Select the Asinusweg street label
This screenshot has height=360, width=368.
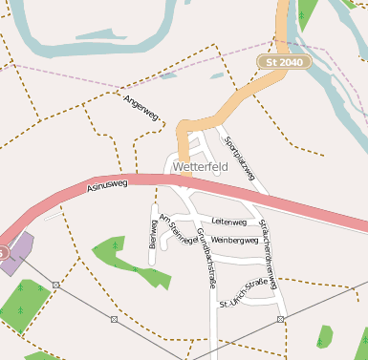(106, 187)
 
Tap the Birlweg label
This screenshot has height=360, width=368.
(153, 232)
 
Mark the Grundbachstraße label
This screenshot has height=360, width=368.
(205, 258)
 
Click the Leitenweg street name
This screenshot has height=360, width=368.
(229, 222)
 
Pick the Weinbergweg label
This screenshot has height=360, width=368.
(235, 241)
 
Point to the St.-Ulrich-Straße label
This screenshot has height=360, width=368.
(244, 293)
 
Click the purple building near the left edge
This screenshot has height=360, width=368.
(16, 253)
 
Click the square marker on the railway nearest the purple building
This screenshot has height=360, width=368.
(56, 285)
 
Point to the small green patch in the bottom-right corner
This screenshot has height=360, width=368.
(325, 337)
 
